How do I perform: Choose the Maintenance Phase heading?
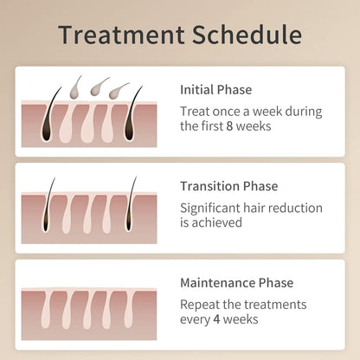pyautogui.click(x=236, y=283)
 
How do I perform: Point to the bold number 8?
pyautogui.click(x=252, y=125)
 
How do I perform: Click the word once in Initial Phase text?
pyautogui.click(x=227, y=111)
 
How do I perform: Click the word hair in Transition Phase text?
pyautogui.click(x=261, y=208)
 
